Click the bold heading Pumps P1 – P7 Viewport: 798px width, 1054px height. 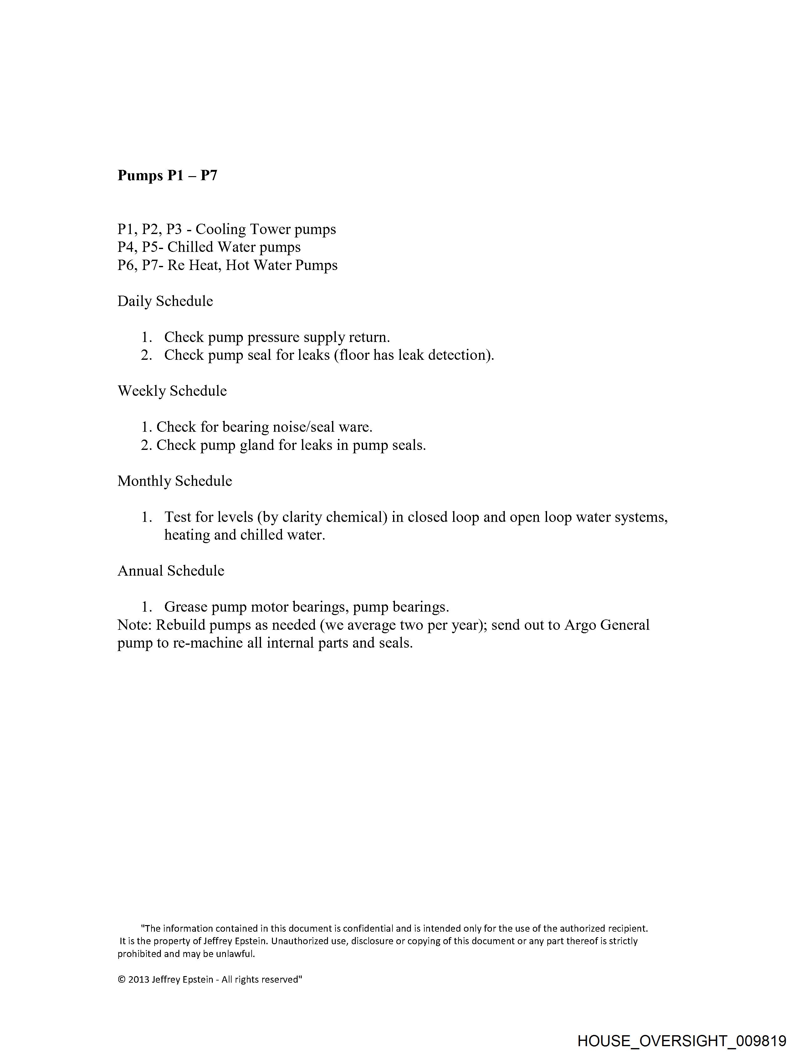coord(167,176)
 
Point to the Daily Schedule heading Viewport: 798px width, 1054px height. coord(165,301)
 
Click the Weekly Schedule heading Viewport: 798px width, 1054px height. coord(172,391)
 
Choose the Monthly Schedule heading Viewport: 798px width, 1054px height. coord(175,481)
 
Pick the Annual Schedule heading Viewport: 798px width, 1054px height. coord(171,571)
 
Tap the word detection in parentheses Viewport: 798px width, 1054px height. coord(459,355)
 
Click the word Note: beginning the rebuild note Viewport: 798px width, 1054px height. coord(135,625)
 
